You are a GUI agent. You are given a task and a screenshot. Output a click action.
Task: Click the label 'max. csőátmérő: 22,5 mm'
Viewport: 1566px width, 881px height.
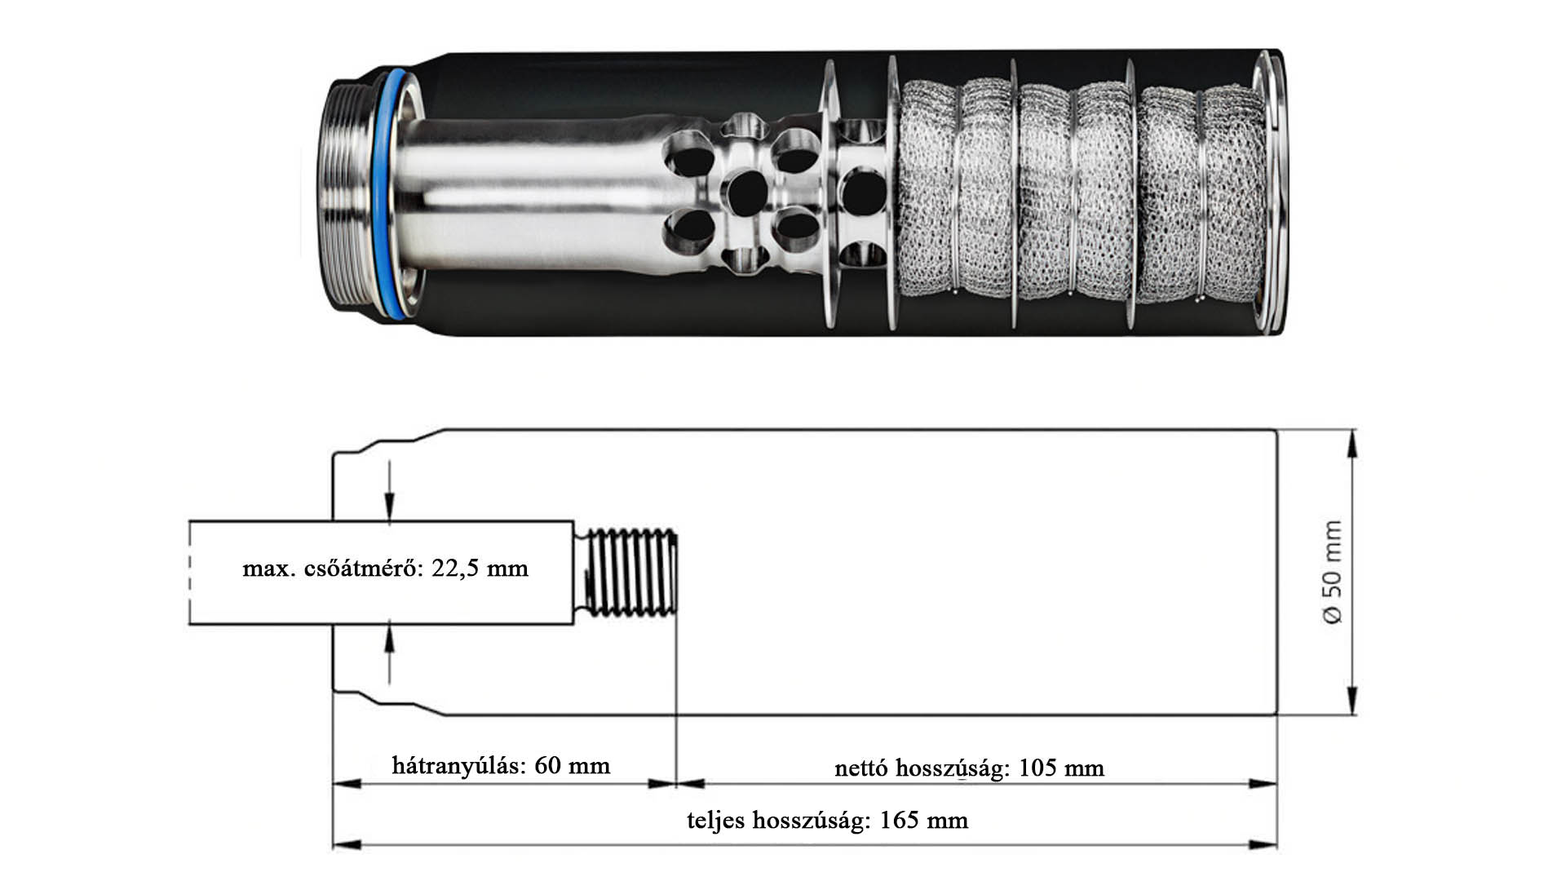click(385, 569)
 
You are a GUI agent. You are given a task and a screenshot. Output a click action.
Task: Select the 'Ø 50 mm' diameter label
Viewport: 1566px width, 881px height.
click(1331, 573)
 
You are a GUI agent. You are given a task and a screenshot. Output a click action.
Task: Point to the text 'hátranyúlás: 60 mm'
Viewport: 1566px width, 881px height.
click(501, 766)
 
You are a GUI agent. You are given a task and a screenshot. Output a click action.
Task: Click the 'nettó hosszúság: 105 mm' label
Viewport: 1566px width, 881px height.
click(969, 768)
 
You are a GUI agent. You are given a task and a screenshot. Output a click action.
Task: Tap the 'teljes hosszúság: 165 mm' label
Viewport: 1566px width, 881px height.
click(827, 820)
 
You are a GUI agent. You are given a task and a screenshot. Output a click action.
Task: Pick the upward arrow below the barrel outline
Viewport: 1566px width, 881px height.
click(390, 652)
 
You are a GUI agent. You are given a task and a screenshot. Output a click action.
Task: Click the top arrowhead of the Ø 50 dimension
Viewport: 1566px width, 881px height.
click(1351, 445)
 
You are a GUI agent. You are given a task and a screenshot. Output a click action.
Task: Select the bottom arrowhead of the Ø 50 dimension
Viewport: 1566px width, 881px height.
click(1351, 700)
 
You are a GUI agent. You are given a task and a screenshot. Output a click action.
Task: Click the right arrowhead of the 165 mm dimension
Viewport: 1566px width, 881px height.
click(1263, 845)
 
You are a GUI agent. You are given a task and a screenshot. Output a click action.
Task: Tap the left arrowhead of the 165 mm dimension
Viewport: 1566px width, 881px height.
click(347, 845)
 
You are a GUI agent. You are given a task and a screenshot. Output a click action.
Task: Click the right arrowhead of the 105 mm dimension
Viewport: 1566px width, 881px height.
click(1263, 784)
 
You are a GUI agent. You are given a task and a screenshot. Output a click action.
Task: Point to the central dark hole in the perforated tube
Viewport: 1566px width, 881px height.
click(746, 193)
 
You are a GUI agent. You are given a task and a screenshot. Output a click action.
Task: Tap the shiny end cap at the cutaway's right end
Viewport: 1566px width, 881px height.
click(1271, 193)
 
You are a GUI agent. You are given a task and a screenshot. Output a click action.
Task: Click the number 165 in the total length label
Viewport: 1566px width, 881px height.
click(900, 820)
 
